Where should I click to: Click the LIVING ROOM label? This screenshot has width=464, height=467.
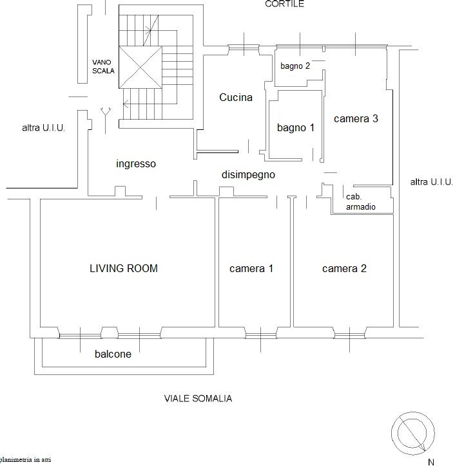click(124, 268)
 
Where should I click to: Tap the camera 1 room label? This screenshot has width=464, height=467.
click(251, 269)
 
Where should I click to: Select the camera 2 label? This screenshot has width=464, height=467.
click(344, 269)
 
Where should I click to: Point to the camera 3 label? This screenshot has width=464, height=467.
click(356, 118)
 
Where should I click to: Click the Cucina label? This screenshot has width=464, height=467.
click(236, 97)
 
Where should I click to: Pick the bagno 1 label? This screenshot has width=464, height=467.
click(296, 128)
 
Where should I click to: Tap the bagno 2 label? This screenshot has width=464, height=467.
click(295, 66)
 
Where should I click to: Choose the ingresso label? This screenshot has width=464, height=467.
click(136, 164)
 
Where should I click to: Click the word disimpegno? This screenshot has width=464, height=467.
click(248, 174)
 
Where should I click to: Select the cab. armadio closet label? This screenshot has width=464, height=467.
click(361, 201)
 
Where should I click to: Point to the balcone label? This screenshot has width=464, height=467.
click(113, 354)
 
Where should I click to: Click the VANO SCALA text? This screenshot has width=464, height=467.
click(103, 66)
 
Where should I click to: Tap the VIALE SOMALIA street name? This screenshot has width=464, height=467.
click(198, 399)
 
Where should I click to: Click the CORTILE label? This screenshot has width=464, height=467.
click(284, 4)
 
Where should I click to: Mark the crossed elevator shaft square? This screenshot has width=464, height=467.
click(140, 68)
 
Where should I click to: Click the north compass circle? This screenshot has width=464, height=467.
click(413, 434)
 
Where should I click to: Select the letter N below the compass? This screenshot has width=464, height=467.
click(431, 462)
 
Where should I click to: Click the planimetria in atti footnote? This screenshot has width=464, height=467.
click(25, 459)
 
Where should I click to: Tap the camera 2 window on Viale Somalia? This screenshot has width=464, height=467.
click(349, 336)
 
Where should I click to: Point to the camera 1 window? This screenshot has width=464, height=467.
click(261, 336)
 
